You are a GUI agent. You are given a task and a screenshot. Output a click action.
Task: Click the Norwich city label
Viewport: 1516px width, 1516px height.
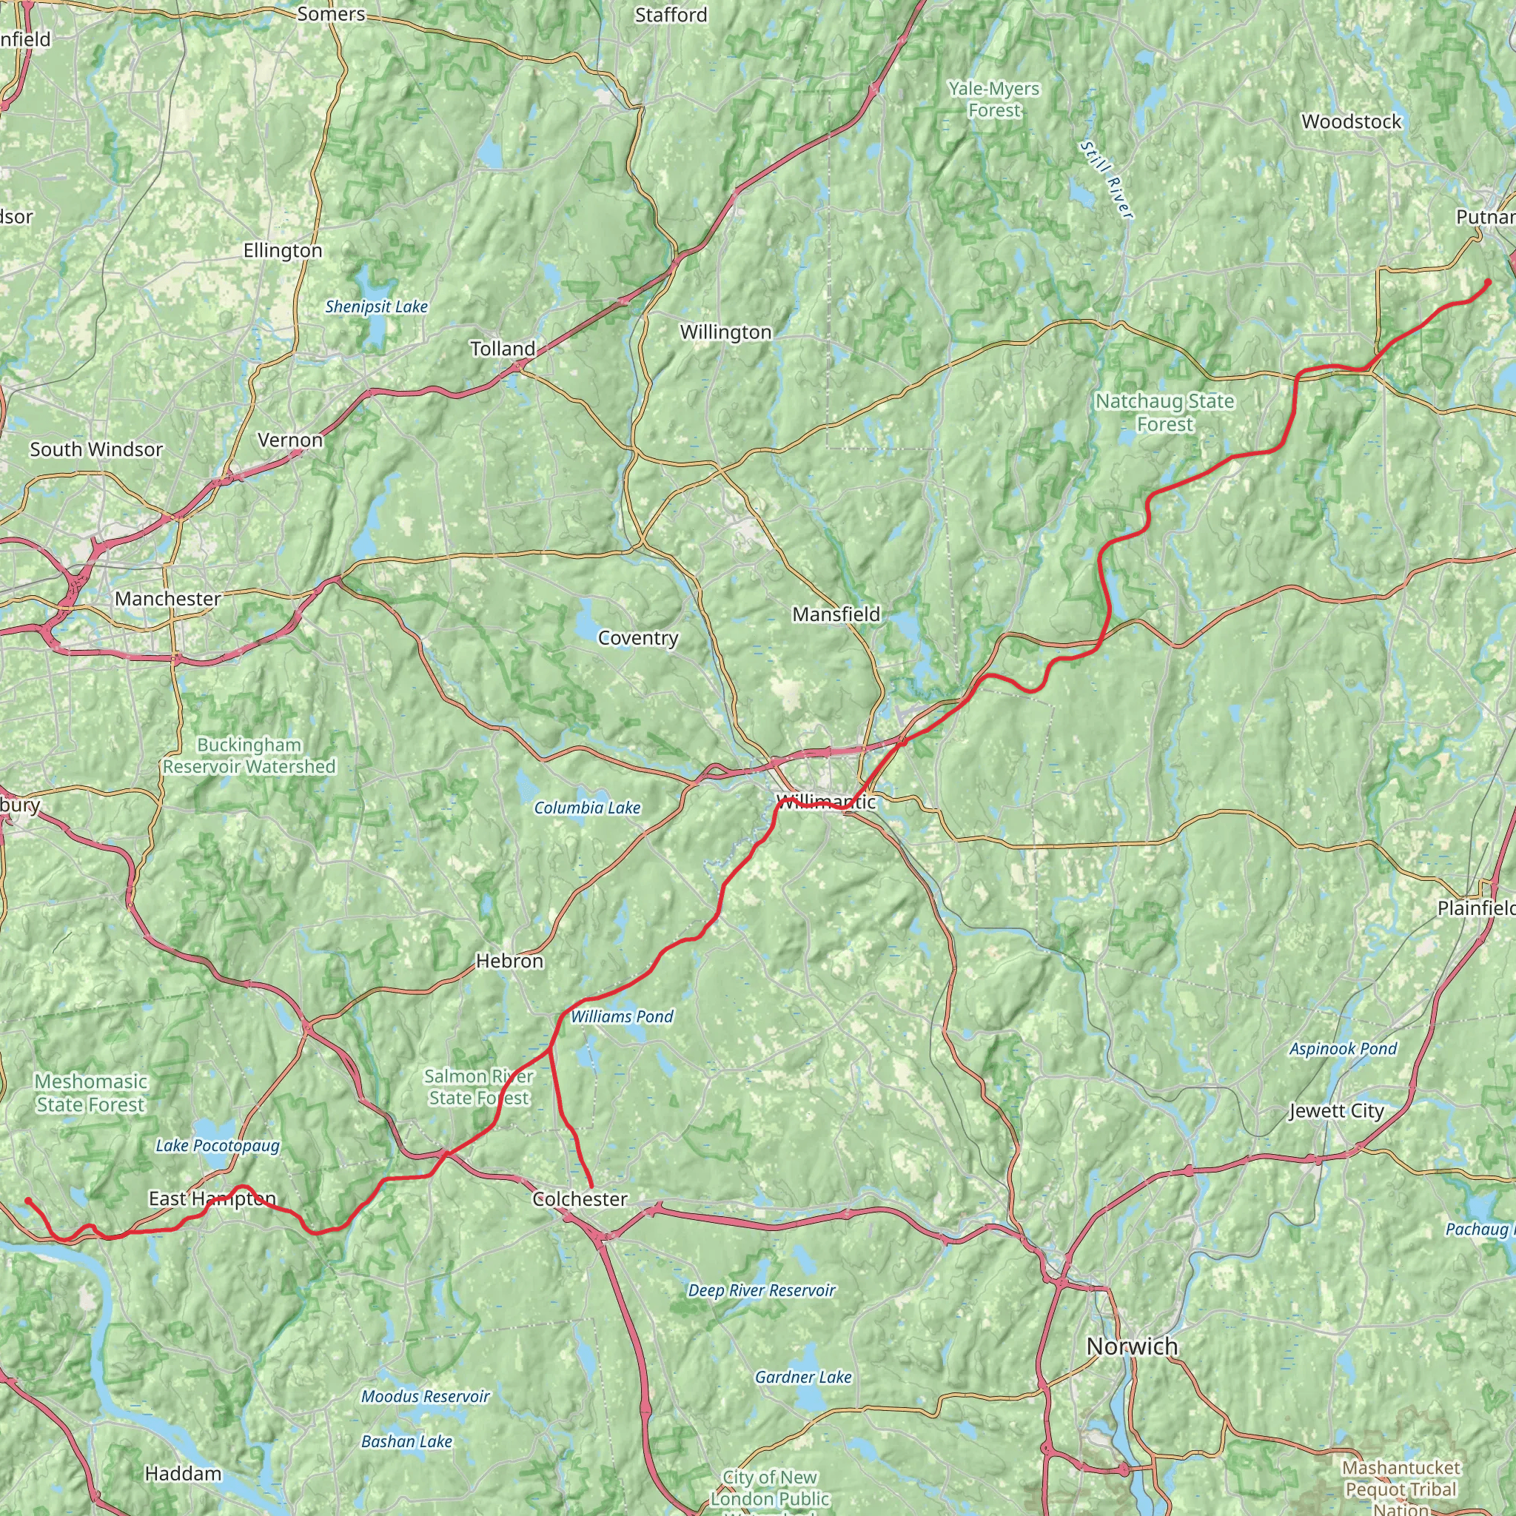[1132, 1346]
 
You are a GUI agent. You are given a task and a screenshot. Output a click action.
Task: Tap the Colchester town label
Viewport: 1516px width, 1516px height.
[580, 1199]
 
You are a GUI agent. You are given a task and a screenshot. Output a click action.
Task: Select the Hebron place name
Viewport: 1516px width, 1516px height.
[509, 962]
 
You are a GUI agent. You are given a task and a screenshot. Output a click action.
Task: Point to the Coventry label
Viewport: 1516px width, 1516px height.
[638, 638]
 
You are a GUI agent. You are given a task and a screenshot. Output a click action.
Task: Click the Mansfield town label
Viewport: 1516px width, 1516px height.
[836, 614]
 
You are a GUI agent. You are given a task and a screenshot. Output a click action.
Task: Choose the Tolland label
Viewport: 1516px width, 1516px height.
[502, 349]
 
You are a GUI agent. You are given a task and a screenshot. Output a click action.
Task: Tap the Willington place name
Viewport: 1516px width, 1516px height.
[726, 332]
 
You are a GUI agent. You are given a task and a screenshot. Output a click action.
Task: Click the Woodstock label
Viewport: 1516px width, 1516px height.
[1351, 121]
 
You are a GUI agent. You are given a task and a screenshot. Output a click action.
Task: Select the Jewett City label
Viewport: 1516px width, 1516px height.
[1336, 1111]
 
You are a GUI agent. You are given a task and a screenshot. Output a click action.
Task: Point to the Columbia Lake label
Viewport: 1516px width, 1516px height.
[587, 808]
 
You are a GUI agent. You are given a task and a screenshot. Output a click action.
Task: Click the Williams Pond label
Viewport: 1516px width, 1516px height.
[622, 1017]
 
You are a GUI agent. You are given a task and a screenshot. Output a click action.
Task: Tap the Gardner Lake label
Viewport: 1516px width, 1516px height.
[802, 1376]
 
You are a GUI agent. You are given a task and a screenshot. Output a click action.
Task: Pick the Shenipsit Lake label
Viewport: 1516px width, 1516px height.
[377, 306]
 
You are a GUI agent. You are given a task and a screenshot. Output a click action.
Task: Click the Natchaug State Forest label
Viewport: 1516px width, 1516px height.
[1164, 413]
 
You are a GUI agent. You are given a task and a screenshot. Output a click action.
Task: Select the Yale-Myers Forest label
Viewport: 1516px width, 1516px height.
[993, 100]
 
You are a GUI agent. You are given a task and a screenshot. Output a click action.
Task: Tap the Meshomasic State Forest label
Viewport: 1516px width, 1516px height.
[90, 1093]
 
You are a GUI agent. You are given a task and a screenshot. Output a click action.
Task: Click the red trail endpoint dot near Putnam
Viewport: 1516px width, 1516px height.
[1488, 283]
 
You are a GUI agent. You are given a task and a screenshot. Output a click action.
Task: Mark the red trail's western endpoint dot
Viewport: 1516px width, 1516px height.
[28, 1201]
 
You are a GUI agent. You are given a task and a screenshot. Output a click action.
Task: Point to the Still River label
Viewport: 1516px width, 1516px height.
[1107, 180]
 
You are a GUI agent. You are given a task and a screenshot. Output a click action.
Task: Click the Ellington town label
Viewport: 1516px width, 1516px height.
[283, 251]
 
